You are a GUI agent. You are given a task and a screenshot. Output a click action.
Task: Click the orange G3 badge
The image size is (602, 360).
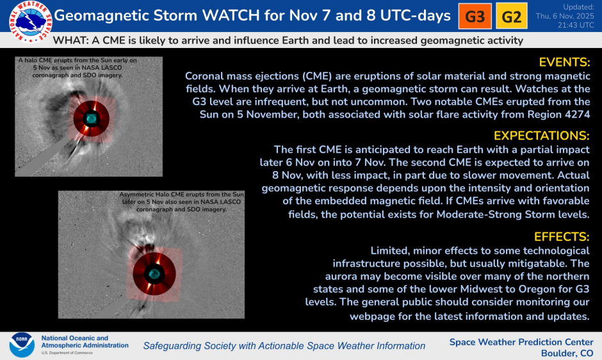point(475,17)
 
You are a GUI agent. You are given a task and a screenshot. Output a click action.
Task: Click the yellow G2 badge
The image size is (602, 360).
point(511,17)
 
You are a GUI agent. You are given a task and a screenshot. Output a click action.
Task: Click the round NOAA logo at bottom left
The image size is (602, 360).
point(21,345)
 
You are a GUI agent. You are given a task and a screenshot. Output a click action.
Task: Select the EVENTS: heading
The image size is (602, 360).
point(564,63)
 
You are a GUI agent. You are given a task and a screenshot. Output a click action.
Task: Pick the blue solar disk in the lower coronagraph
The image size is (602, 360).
point(154,274)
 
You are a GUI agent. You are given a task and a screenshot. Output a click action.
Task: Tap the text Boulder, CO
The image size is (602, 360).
point(567,353)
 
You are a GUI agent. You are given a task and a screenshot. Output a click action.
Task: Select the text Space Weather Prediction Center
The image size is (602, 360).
point(521,341)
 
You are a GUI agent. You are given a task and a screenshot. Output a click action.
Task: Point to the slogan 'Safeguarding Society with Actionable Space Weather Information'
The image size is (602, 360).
point(284,346)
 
